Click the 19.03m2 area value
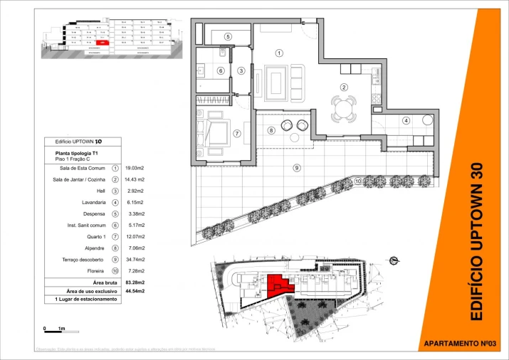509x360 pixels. pyautogui.click(x=135, y=169)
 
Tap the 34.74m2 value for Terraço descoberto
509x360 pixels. pyautogui.click(x=135, y=259)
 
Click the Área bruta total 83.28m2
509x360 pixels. pyautogui.click(x=135, y=283)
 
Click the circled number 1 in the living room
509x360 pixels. pyautogui.click(x=279, y=53)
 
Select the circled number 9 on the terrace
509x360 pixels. pyautogui.click(x=296, y=167)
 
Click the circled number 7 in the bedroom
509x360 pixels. pyautogui.click(x=237, y=133)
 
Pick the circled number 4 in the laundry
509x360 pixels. pyautogui.click(x=406, y=120)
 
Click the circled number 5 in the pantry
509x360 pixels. pyautogui.click(x=228, y=36)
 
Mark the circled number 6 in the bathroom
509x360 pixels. pyautogui.click(x=221, y=70)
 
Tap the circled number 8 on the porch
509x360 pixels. pyautogui.click(x=271, y=130)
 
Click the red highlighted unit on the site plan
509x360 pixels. pyautogui.click(x=277, y=286)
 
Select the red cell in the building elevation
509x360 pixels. pyautogui.click(x=103, y=43)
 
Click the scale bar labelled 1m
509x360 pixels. pyautogui.click(x=54, y=329)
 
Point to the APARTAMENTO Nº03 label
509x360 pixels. pyautogui.click(x=459, y=344)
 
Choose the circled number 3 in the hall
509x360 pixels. pyautogui.click(x=241, y=70)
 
